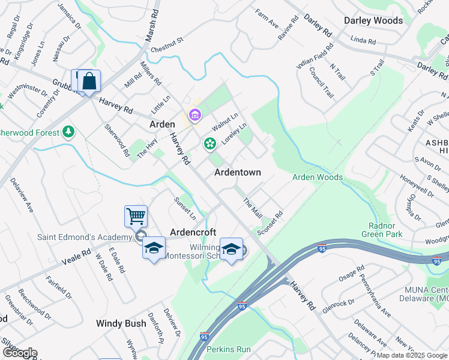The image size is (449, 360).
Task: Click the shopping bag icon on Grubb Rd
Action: tap(89, 82)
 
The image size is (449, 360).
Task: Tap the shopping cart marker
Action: tap(136, 216)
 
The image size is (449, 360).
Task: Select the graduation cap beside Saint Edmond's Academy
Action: tap(154, 248)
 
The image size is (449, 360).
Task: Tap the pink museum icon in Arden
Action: tap(194, 115)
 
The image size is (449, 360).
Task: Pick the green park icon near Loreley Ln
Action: tap(209, 143)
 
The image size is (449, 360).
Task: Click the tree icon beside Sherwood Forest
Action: tap(69, 131)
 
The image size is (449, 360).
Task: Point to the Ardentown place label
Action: tap(238, 172)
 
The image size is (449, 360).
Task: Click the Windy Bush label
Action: tap(121, 323)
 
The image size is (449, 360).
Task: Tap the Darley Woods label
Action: tap(373, 20)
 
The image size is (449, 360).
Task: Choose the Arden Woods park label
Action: tap(318, 177)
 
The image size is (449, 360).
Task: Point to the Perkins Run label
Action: tap(228, 349)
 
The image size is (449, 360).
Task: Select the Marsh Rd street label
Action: tap(152, 25)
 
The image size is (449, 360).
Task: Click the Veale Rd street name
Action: tap(76, 257)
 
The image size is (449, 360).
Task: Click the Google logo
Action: tap(19, 353)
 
